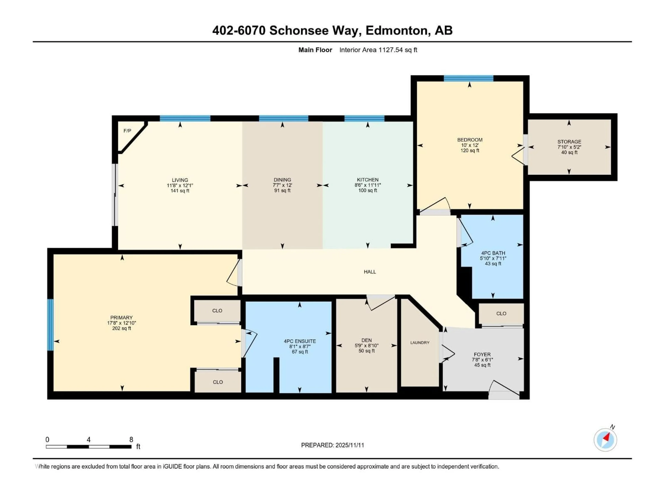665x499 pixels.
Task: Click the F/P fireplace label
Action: pos(127,131)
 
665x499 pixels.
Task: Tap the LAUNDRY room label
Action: pos(420,343)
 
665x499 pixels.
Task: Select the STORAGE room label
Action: pos(569,142)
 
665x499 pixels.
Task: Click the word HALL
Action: pos(370,272)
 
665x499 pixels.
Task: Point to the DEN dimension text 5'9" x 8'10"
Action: pos(366,346)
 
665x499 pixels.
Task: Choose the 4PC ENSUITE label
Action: pos(300,341)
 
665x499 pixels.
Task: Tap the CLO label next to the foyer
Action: pos(501,313)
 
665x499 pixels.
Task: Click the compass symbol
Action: pos(605,440)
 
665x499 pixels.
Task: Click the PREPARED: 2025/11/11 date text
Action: pos(332,445)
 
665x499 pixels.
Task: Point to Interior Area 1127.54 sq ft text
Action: pos(378,50)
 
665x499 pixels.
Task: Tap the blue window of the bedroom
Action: pos(468,78)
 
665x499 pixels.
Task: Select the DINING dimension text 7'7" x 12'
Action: pos(282,185)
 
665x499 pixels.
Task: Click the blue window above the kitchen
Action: pos(364,118)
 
